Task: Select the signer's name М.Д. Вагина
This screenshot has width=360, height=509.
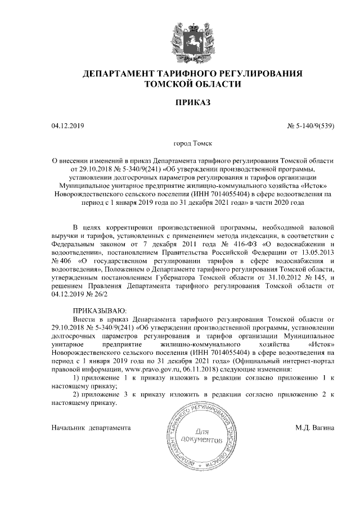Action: pyautogui.click(x=315, y=427)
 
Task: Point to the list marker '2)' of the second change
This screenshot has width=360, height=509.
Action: pyautogui.click(x=77, y=394)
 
